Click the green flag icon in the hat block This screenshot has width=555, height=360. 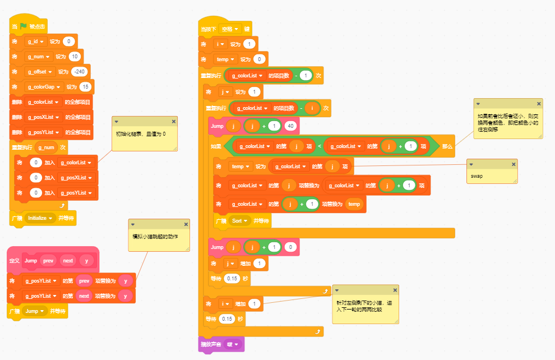[x=24, y=26]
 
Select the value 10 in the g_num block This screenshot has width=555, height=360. [x=75, y=56]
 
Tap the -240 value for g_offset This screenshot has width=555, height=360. [x=80, y=71]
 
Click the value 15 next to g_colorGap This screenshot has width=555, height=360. [x=85, y=86]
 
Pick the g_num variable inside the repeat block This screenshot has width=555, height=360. [x=47, y=147]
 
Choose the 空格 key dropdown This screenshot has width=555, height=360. [x=230, y=29]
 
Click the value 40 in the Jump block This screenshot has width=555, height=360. [x=290, y=126]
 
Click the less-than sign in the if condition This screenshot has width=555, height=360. [x=319, y=146]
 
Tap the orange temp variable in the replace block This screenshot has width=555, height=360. [x=354, y=204]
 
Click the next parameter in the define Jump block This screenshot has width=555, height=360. [x=68, y=261]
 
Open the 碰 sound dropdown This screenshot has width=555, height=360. [x=232, y=344]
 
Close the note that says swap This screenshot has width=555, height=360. [x=514, y=164]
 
